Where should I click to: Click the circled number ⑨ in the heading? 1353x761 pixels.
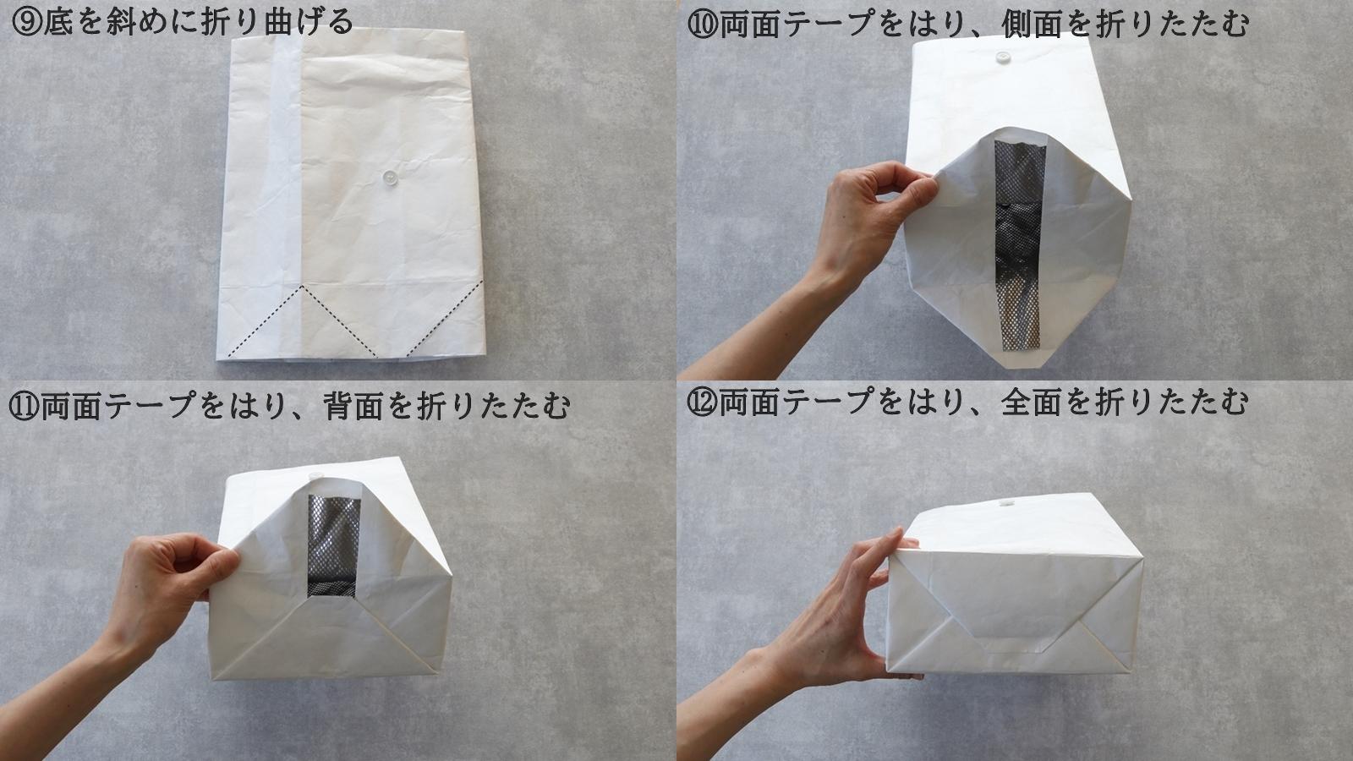coord(26,22)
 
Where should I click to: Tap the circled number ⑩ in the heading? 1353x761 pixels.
coord(703,25)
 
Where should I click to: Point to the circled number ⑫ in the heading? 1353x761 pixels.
coord(702,402)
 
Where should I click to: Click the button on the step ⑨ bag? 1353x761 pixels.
coord(390,177)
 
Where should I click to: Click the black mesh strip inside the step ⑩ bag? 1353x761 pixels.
coord(1020,245)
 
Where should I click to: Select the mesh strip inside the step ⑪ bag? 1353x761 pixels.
coord(333,545)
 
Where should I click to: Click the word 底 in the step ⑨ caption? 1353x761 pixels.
coord(58,22)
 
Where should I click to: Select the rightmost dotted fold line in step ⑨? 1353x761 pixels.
coord(445,318)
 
